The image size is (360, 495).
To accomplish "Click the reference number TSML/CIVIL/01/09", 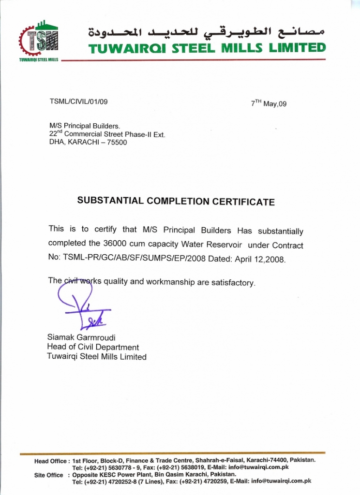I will tap(78, 102).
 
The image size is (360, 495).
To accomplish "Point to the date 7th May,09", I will tap(269, 103).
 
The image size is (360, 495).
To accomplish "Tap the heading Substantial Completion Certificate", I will tap(176, 201).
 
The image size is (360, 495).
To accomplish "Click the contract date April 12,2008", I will tap(260, 259).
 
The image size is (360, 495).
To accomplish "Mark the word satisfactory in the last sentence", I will tap(233, 282).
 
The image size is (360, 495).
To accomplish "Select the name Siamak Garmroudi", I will tap(81, 337).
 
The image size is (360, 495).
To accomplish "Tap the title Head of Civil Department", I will tap(93, 347).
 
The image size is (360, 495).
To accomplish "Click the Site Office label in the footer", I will tap(48, 475).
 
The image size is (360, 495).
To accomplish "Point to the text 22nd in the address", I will tap(56, 134).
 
